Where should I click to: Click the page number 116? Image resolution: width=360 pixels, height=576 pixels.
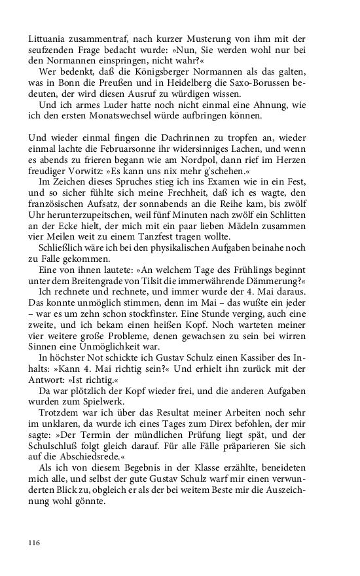point(35,543)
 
